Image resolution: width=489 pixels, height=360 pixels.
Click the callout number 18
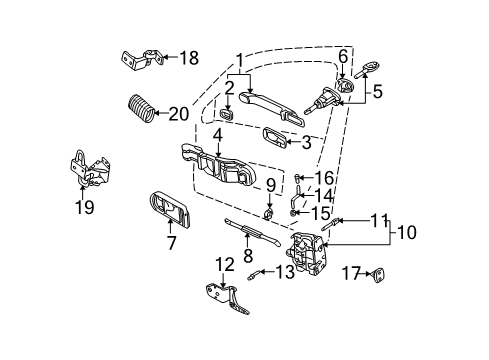pyautogui.click(x=190, y=57)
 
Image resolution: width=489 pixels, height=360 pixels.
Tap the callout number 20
pyautogui.click(x=180, y=113)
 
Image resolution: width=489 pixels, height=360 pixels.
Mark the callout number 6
pyautogui.click(x=342, y=56)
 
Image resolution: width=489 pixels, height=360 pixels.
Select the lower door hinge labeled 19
pyautogui.click(x=89, y=169)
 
